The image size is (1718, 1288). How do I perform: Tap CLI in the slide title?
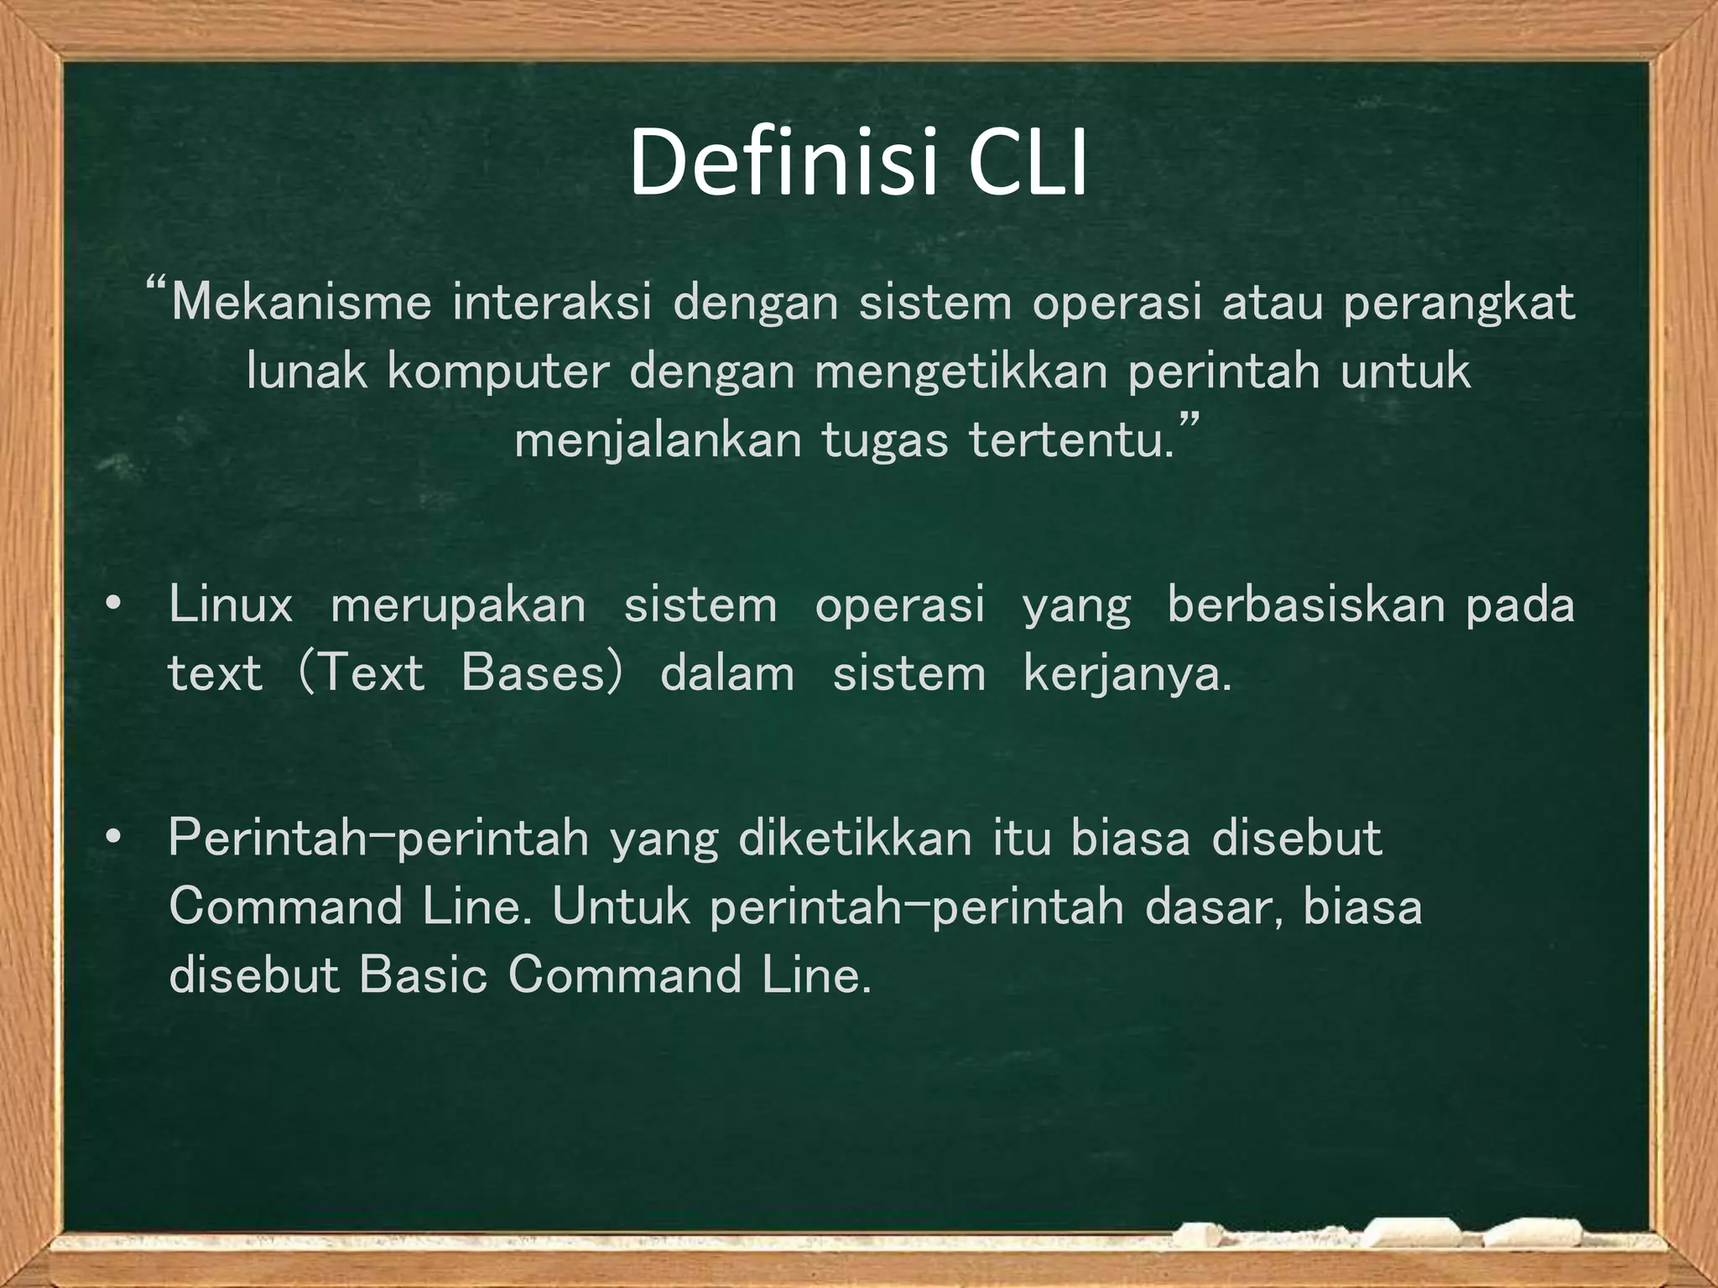click(x=1027, y=163)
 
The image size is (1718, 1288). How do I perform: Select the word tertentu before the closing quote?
click(x=1070, y=440)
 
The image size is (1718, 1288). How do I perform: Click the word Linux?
click(x=231, y=605)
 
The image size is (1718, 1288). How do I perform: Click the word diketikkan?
click(x=855, y=838)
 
